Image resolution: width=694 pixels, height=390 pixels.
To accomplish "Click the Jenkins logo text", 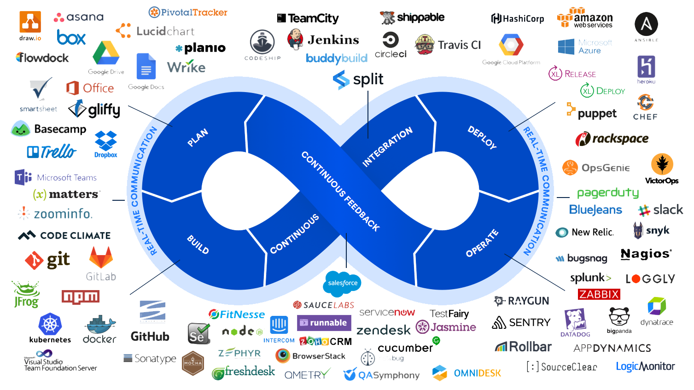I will [333, 40].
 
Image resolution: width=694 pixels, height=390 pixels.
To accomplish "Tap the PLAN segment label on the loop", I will [198, 138].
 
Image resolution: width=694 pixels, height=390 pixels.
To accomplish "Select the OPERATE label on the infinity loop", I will [482, 243].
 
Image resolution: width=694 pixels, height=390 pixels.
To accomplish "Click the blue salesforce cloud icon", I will [343, 283].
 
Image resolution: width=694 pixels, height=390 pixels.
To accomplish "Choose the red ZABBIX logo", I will [599, 294].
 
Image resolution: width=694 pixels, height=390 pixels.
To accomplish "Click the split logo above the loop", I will [358, 80].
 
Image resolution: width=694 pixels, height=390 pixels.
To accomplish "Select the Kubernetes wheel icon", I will [50, 325].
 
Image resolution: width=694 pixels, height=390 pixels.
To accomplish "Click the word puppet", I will [597, 114].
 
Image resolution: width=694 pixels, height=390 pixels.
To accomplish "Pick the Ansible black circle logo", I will [646, 24].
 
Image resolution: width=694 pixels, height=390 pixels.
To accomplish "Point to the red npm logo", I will [81, 297].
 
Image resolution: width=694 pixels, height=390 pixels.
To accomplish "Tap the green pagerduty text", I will [607, 192].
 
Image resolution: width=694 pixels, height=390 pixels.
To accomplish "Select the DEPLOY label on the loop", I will [482, 137].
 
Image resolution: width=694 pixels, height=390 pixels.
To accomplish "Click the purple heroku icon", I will [646, 67].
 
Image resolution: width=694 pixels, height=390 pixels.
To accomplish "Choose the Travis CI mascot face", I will [425, 45].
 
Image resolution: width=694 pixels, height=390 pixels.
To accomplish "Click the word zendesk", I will [383, 330].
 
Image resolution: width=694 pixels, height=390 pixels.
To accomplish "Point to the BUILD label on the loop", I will [198, 244].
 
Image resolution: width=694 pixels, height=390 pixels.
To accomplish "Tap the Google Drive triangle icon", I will [106, 53].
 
